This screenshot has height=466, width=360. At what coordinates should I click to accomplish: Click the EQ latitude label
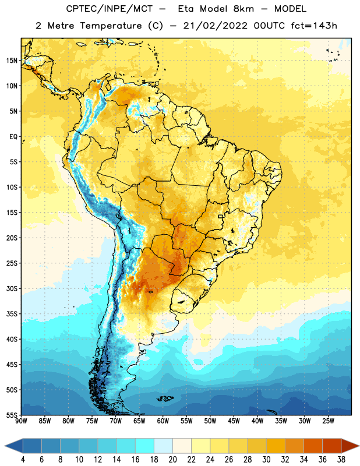tap(13, 137)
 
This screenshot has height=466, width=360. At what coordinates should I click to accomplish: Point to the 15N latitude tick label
tap(12, 61)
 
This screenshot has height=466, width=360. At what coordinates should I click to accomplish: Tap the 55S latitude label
tap(12, 415)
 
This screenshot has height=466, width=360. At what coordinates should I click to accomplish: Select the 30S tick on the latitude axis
tap(12, 288)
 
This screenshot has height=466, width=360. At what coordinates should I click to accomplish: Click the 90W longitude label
tap(21, 421)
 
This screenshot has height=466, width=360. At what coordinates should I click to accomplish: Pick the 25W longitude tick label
tap(328, 421)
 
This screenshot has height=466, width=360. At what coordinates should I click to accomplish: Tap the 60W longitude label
tap(163, 421)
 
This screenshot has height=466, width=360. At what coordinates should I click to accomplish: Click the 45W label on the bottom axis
tap(234, 421)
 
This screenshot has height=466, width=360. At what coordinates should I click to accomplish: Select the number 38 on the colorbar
tap(341, 460)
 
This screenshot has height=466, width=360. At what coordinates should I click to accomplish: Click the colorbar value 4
tap(23, 460)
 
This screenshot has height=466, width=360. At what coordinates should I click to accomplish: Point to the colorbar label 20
tap(172, 460)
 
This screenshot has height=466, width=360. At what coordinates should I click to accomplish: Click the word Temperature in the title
tap(111, 26)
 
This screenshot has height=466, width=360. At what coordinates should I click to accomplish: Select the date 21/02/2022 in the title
tap(216, 26)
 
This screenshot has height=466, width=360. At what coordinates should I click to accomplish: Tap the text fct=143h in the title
tap(314, 26)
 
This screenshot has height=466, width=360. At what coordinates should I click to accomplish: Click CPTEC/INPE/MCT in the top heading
tap(110, 9)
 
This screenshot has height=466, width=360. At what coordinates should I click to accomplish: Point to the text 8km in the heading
tap(243, 9)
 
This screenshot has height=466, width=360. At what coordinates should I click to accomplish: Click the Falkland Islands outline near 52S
tap(165, 398)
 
